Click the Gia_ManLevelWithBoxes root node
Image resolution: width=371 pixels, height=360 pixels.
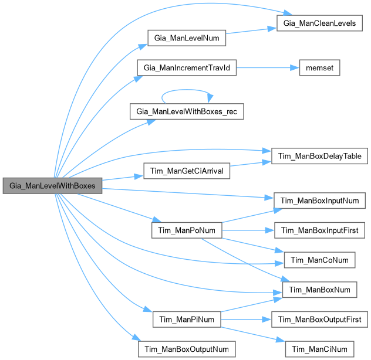point(52,186)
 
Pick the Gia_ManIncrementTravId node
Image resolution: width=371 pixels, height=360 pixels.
point(186,67)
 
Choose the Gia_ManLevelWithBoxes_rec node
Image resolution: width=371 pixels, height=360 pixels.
point(186,111)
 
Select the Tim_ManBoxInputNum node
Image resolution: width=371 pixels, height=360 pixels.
point(320,201)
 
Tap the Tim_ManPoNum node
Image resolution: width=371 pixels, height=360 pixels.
point(186,230)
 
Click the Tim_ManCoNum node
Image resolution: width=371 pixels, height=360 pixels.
point(320,260)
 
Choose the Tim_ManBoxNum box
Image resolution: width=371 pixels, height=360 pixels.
point(320,289)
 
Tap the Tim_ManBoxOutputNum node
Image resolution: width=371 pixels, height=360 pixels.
point(186,348)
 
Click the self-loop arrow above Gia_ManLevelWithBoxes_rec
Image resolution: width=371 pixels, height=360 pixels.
point(186,90)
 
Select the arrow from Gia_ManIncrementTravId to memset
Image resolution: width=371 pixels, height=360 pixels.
point(267,67)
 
